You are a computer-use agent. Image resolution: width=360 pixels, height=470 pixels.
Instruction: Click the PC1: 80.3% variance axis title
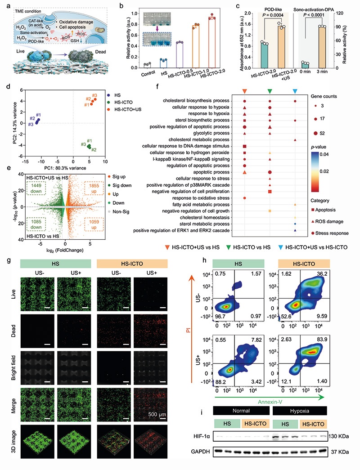point(74,167)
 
